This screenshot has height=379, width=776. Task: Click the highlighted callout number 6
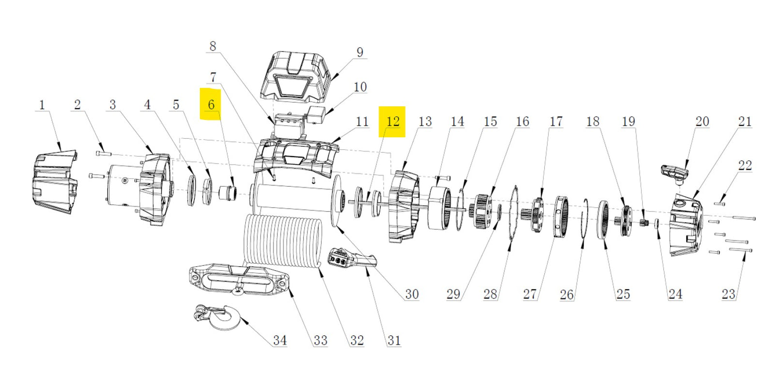click(x=211, y=104)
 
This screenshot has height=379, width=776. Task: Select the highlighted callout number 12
click(x=392, y=121)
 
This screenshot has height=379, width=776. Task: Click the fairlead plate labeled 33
click(x=238, y=279)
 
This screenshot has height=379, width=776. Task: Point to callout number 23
click(x=728, y=294)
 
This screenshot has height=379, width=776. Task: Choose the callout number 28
click(x=490, y=294)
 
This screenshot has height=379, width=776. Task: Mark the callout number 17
click(x=556, y=121)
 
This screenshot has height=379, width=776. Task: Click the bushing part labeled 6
click(x=227, y=193)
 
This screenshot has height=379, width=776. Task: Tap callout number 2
click(x=77, y=104)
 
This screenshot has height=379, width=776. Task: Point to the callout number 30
click(x=411, y=294)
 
